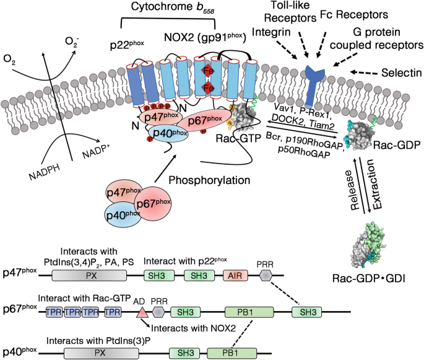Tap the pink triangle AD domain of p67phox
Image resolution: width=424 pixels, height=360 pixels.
[141, 312]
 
